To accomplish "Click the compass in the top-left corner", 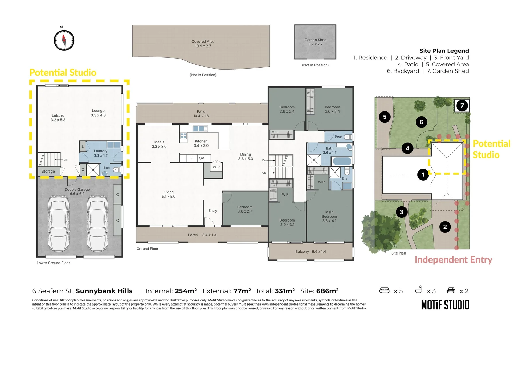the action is (x=64, y=40).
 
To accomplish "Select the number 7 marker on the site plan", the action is (x=462, y=106).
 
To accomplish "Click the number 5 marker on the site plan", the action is (x=384, y=117).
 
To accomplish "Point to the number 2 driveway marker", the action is (x=445, y=227).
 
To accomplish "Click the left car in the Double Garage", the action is (x=58, y=223).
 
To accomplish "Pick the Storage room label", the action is (x=48, y=171).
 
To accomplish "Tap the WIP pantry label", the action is (x=216, y=167).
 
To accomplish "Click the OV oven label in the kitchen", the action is (x=201, y=158).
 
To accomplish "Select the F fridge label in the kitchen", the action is (x=191, y=158).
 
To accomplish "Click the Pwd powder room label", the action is (x=338, y=137).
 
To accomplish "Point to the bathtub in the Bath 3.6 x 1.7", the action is (x=342, y=161).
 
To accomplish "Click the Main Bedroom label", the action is (x=329, y=214).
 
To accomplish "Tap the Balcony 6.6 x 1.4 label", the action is (x=311, y=252).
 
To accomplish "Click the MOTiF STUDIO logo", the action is (x=445, y=305).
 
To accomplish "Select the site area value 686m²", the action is (x=327, y=291).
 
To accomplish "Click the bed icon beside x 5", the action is (x=384, y=290).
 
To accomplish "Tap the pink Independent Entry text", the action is (x=453, y=260).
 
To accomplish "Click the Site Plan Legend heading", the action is (x=444, y=51).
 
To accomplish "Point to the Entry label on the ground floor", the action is (x=213, y=211).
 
